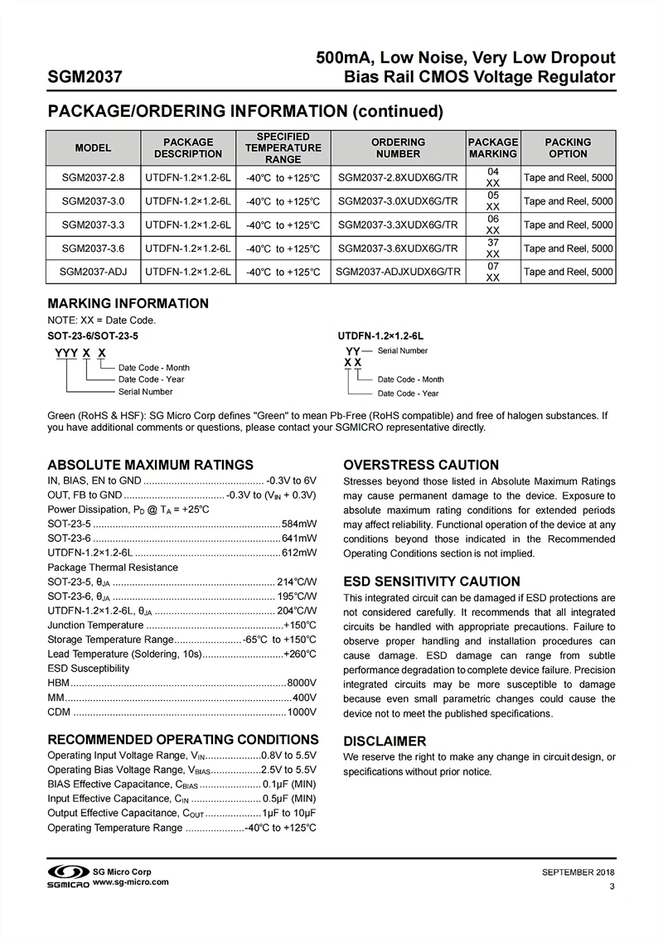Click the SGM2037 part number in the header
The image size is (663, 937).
coord(85,78)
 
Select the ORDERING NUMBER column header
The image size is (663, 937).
coord(398,148)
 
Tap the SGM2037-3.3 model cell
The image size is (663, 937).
coord(93,225)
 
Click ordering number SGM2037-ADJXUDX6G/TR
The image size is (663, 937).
coord(397,272)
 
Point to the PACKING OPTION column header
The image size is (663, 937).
coord(568,148)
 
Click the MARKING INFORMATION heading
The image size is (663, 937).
coord(128,303)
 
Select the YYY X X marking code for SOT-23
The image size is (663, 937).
coord(80,352)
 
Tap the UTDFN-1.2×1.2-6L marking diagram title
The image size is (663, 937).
coord(380,336)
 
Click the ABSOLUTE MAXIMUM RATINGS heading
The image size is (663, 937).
coord(150,465)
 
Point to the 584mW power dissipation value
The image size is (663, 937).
coord(299,524)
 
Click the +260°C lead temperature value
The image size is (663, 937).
coord(299,654)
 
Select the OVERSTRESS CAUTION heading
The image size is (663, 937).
coord(421,465)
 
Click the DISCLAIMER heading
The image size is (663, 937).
coord(385,741)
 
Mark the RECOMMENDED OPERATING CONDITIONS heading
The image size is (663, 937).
coord(182,740)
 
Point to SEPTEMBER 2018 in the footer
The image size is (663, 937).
coord(578,872)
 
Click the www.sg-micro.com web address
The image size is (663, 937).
coord(131,882)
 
